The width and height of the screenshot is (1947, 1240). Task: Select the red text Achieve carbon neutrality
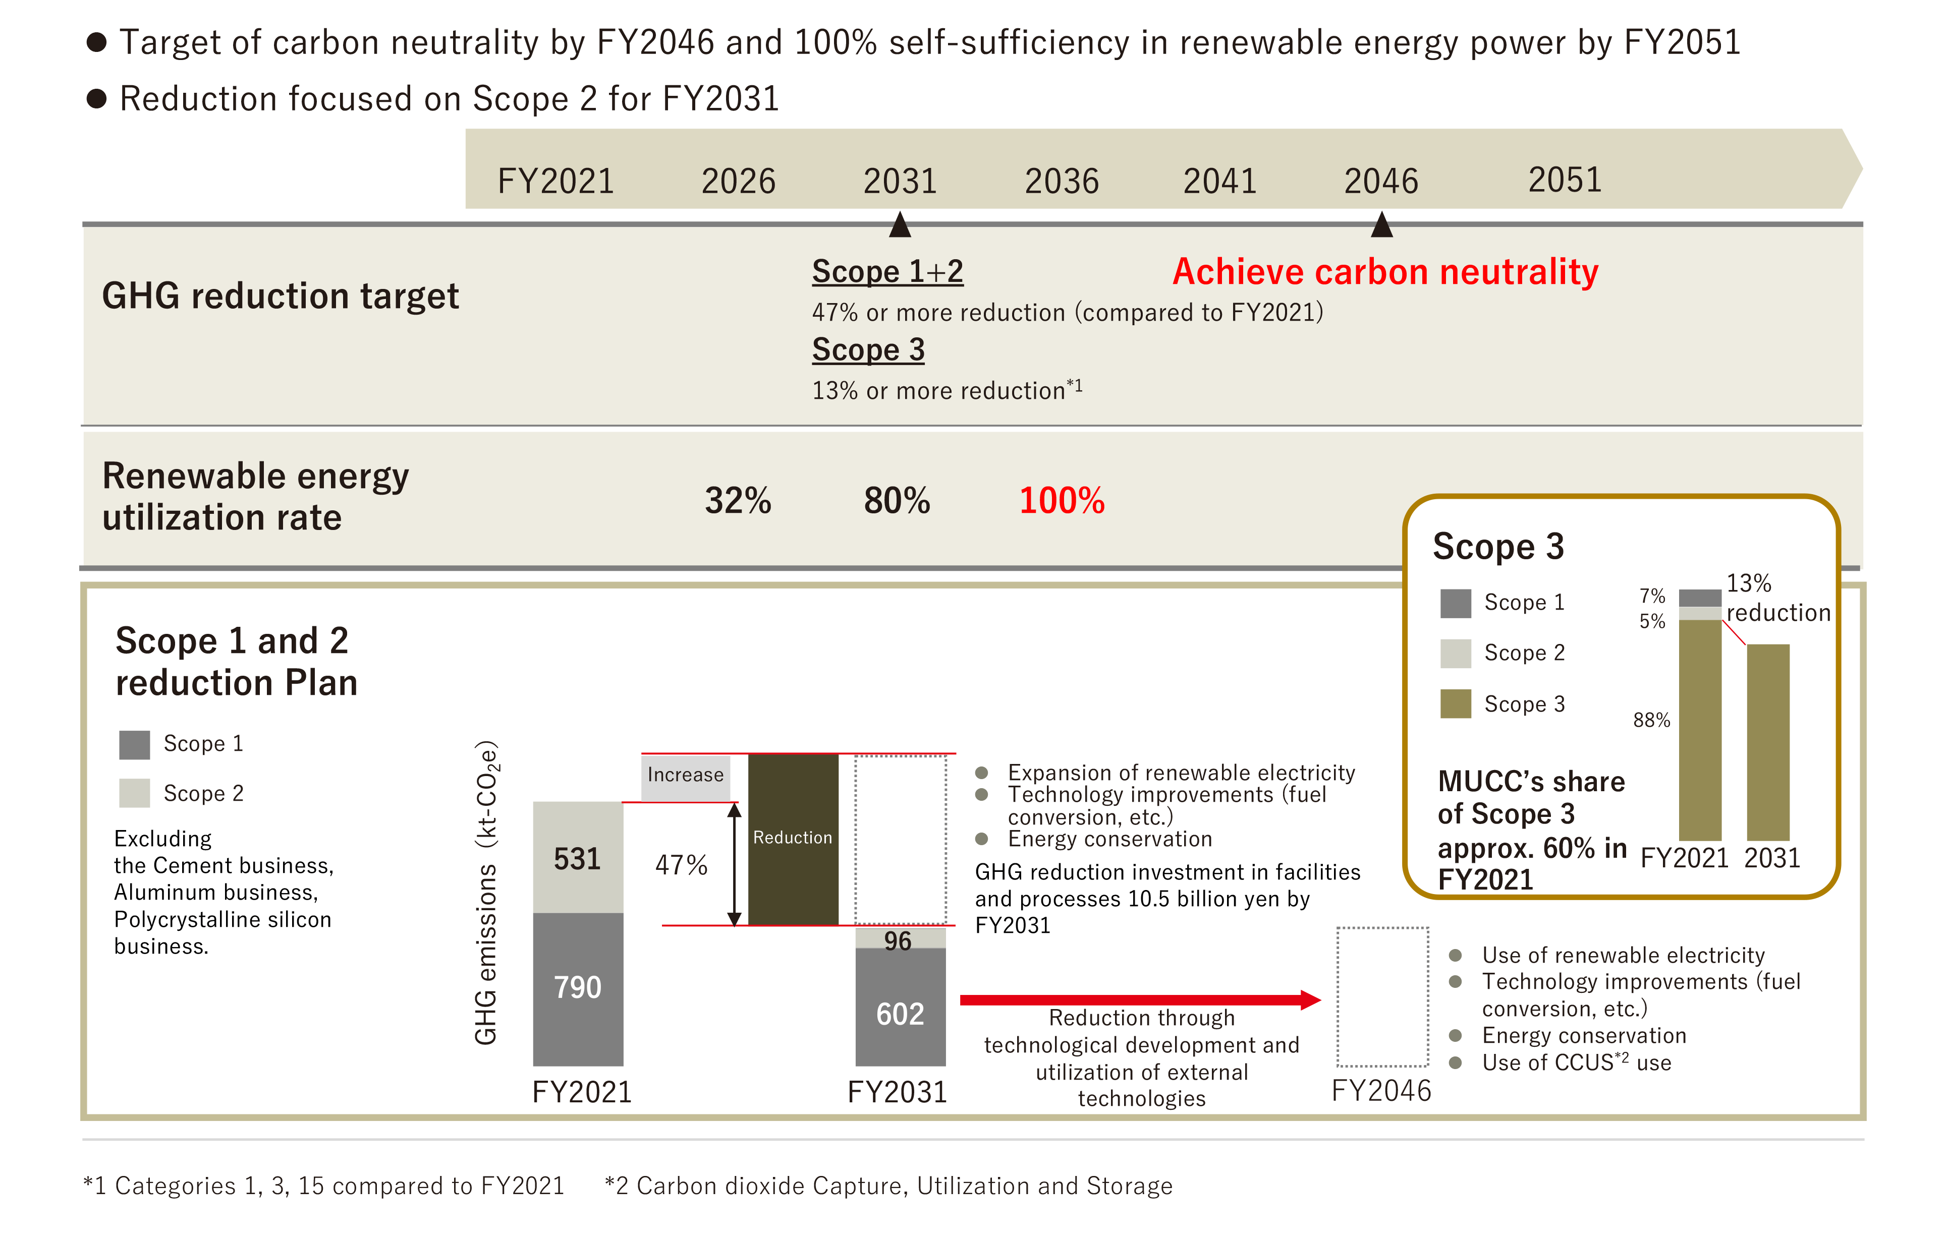tap(1385, 272)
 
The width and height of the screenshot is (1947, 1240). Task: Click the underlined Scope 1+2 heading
tap(887, 272)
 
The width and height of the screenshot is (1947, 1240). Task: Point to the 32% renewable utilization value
tap(738, 500)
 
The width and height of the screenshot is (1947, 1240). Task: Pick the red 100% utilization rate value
tap(1062, 500)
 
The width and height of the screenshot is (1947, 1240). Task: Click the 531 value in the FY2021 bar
tap(577, 858)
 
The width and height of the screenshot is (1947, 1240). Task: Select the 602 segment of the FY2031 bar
tap(901, 1007)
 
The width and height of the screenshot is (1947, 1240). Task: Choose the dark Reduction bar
tap(793, 839)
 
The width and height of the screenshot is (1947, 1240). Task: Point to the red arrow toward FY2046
tap(1140, 1000)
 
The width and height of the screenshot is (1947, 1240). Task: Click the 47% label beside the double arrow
tap(681, 865)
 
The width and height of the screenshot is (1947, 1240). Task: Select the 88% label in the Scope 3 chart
tap(1651, 720)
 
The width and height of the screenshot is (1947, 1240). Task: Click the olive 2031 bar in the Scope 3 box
tap(1768, 742)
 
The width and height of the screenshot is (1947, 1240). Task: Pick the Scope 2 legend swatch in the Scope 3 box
tap(1456, 653)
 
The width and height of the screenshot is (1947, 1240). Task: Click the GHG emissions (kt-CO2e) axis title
tap(486, 893)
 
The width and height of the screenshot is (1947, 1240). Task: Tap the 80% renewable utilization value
tap(897, 500)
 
